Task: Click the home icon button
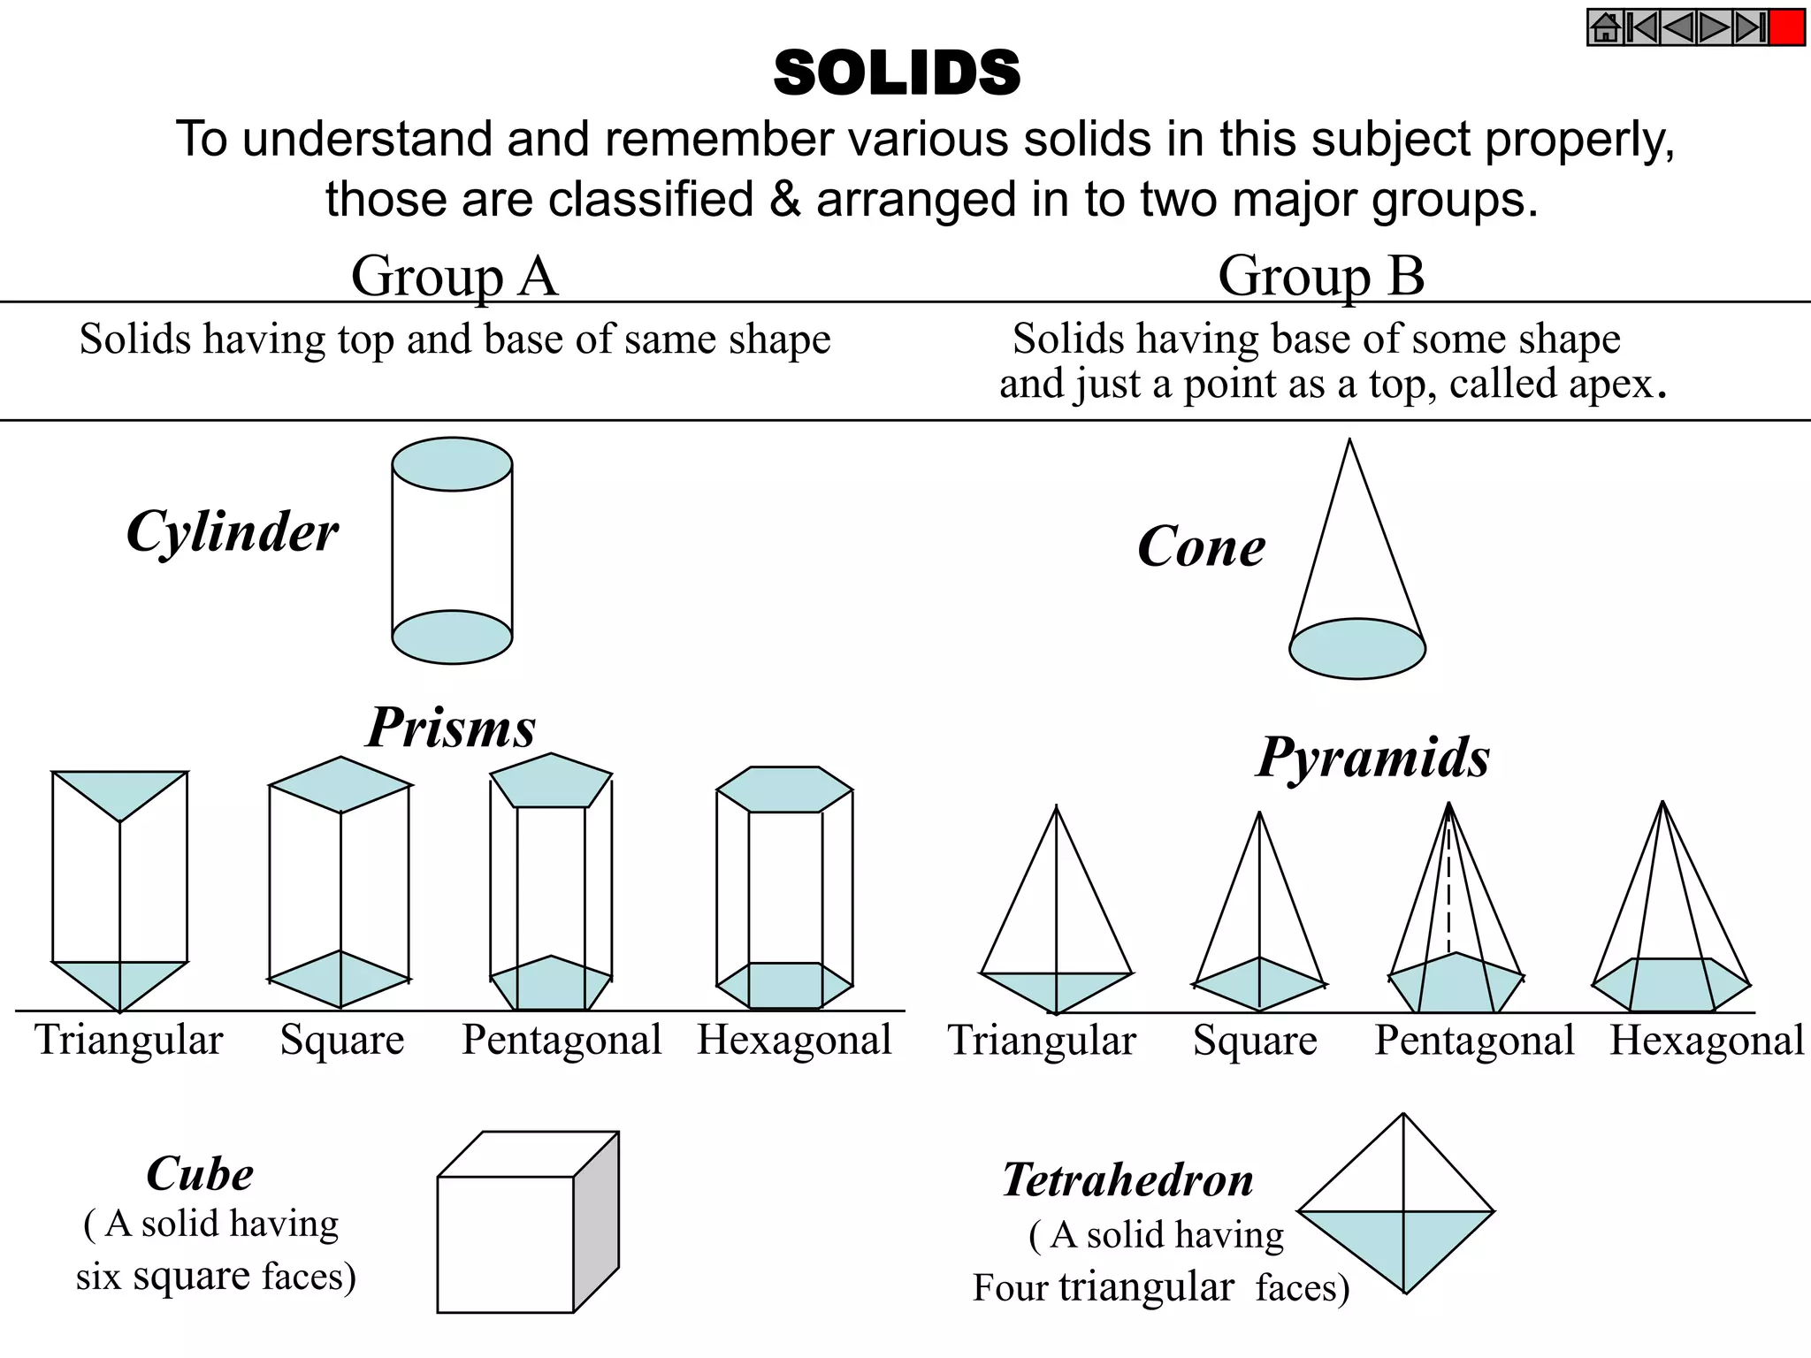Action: coord(1606,27)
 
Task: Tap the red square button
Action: coord(1787,27)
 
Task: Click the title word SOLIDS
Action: coord(897,72)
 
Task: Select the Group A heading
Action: coord(455,276)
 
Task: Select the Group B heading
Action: coord(1321,276)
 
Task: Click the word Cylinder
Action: coord(233,532)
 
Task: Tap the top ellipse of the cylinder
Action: coord(452,464)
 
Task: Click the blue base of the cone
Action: coord(1357,649)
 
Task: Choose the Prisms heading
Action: coord(451,728)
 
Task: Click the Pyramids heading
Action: coord(1373,758)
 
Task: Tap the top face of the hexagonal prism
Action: coord(784,790)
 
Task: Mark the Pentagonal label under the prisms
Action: coord(562,1040)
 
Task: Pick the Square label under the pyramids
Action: coord(1255,1041)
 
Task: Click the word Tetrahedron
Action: coord(1127,1180)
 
